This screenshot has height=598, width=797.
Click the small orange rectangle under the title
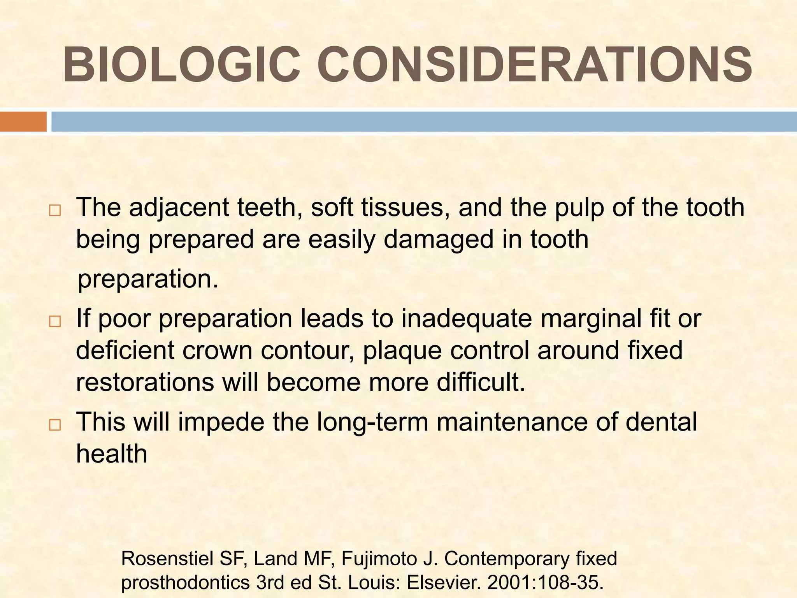(23, 121)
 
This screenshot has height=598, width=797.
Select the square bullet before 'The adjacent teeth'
(55, 211)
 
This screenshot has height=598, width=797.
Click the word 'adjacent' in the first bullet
(179, 208)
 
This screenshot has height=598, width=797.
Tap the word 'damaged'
(439, 240)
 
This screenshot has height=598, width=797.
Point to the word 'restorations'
(145, 383)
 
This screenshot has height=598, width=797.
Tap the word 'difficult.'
(481, 383)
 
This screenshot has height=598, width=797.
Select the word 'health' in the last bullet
(112, 454)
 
